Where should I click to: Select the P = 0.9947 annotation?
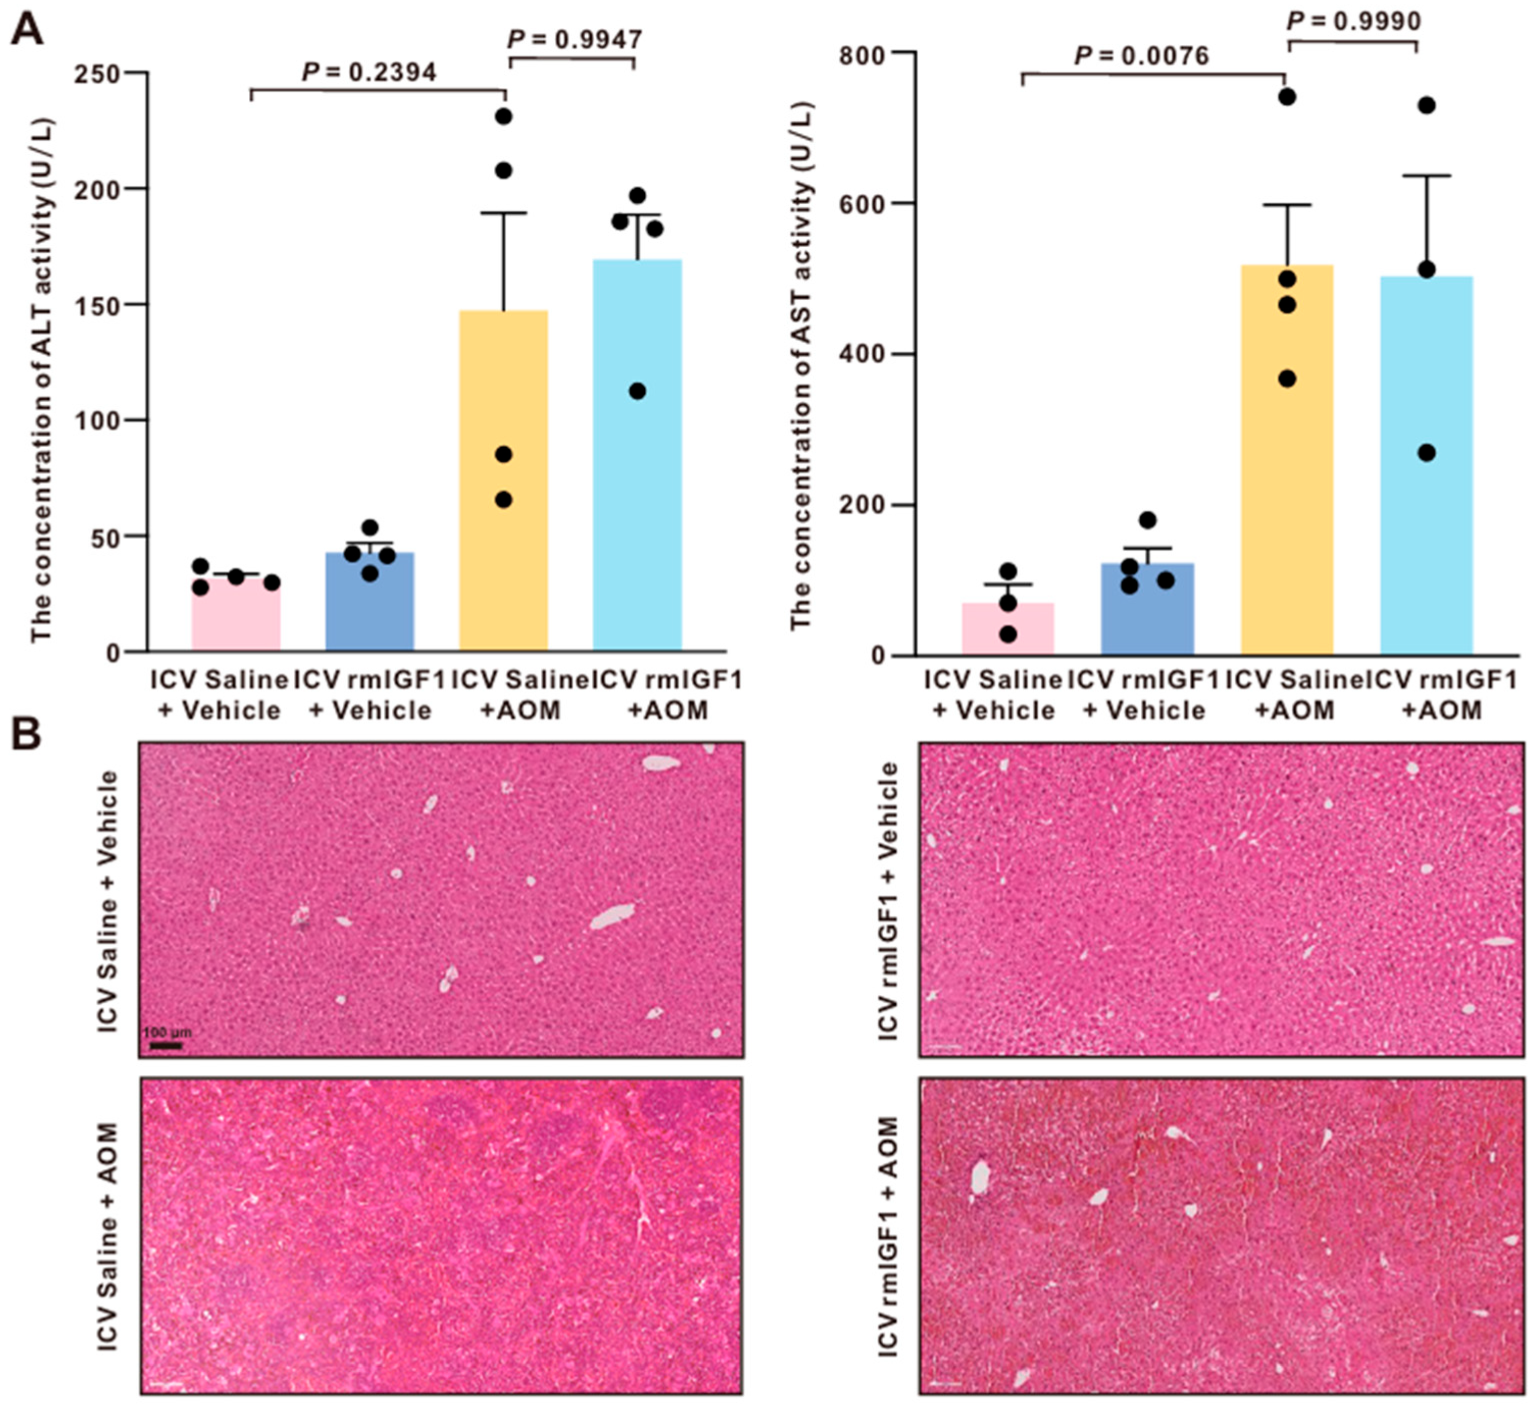click(575, 39)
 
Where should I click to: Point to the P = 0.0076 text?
click(1141, 56)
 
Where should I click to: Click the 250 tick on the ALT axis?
click(99, 73)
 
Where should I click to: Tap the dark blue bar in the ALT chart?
click(370, 601)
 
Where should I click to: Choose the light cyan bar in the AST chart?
click(1426, 465)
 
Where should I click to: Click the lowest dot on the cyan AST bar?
click(1426, 453)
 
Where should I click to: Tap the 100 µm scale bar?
click(165, 1046)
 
